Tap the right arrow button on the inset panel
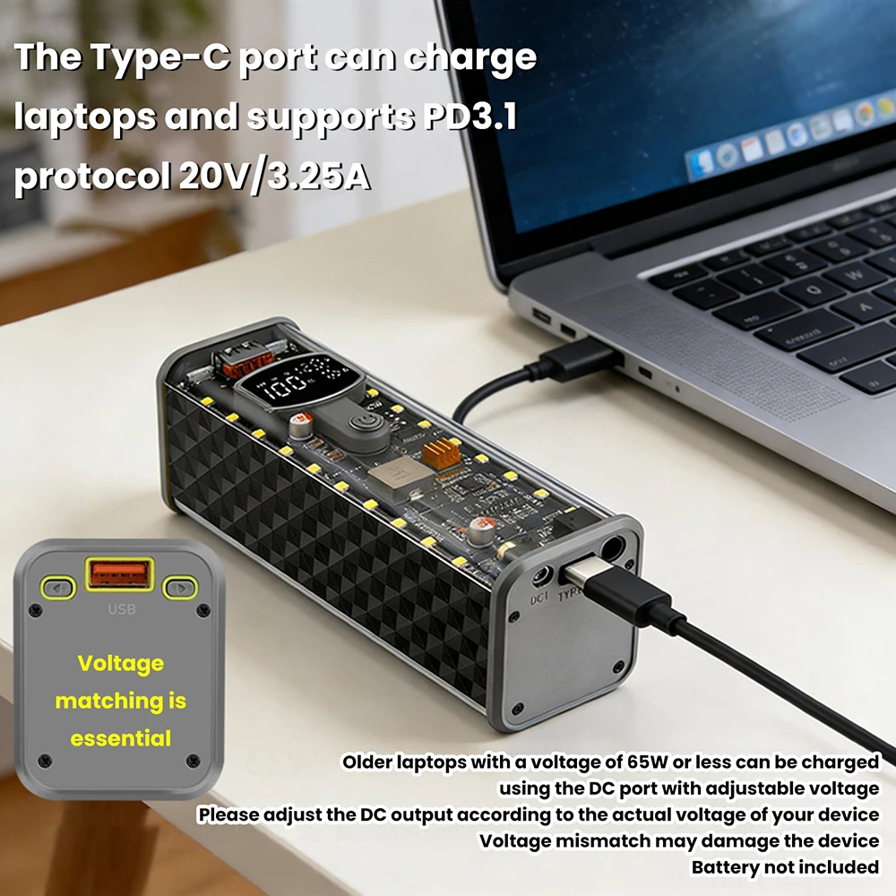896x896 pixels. (180, 589)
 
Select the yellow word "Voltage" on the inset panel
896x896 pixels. (121, 664)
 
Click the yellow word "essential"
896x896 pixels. (121, 739)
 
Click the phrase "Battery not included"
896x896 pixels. (785, 867)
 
